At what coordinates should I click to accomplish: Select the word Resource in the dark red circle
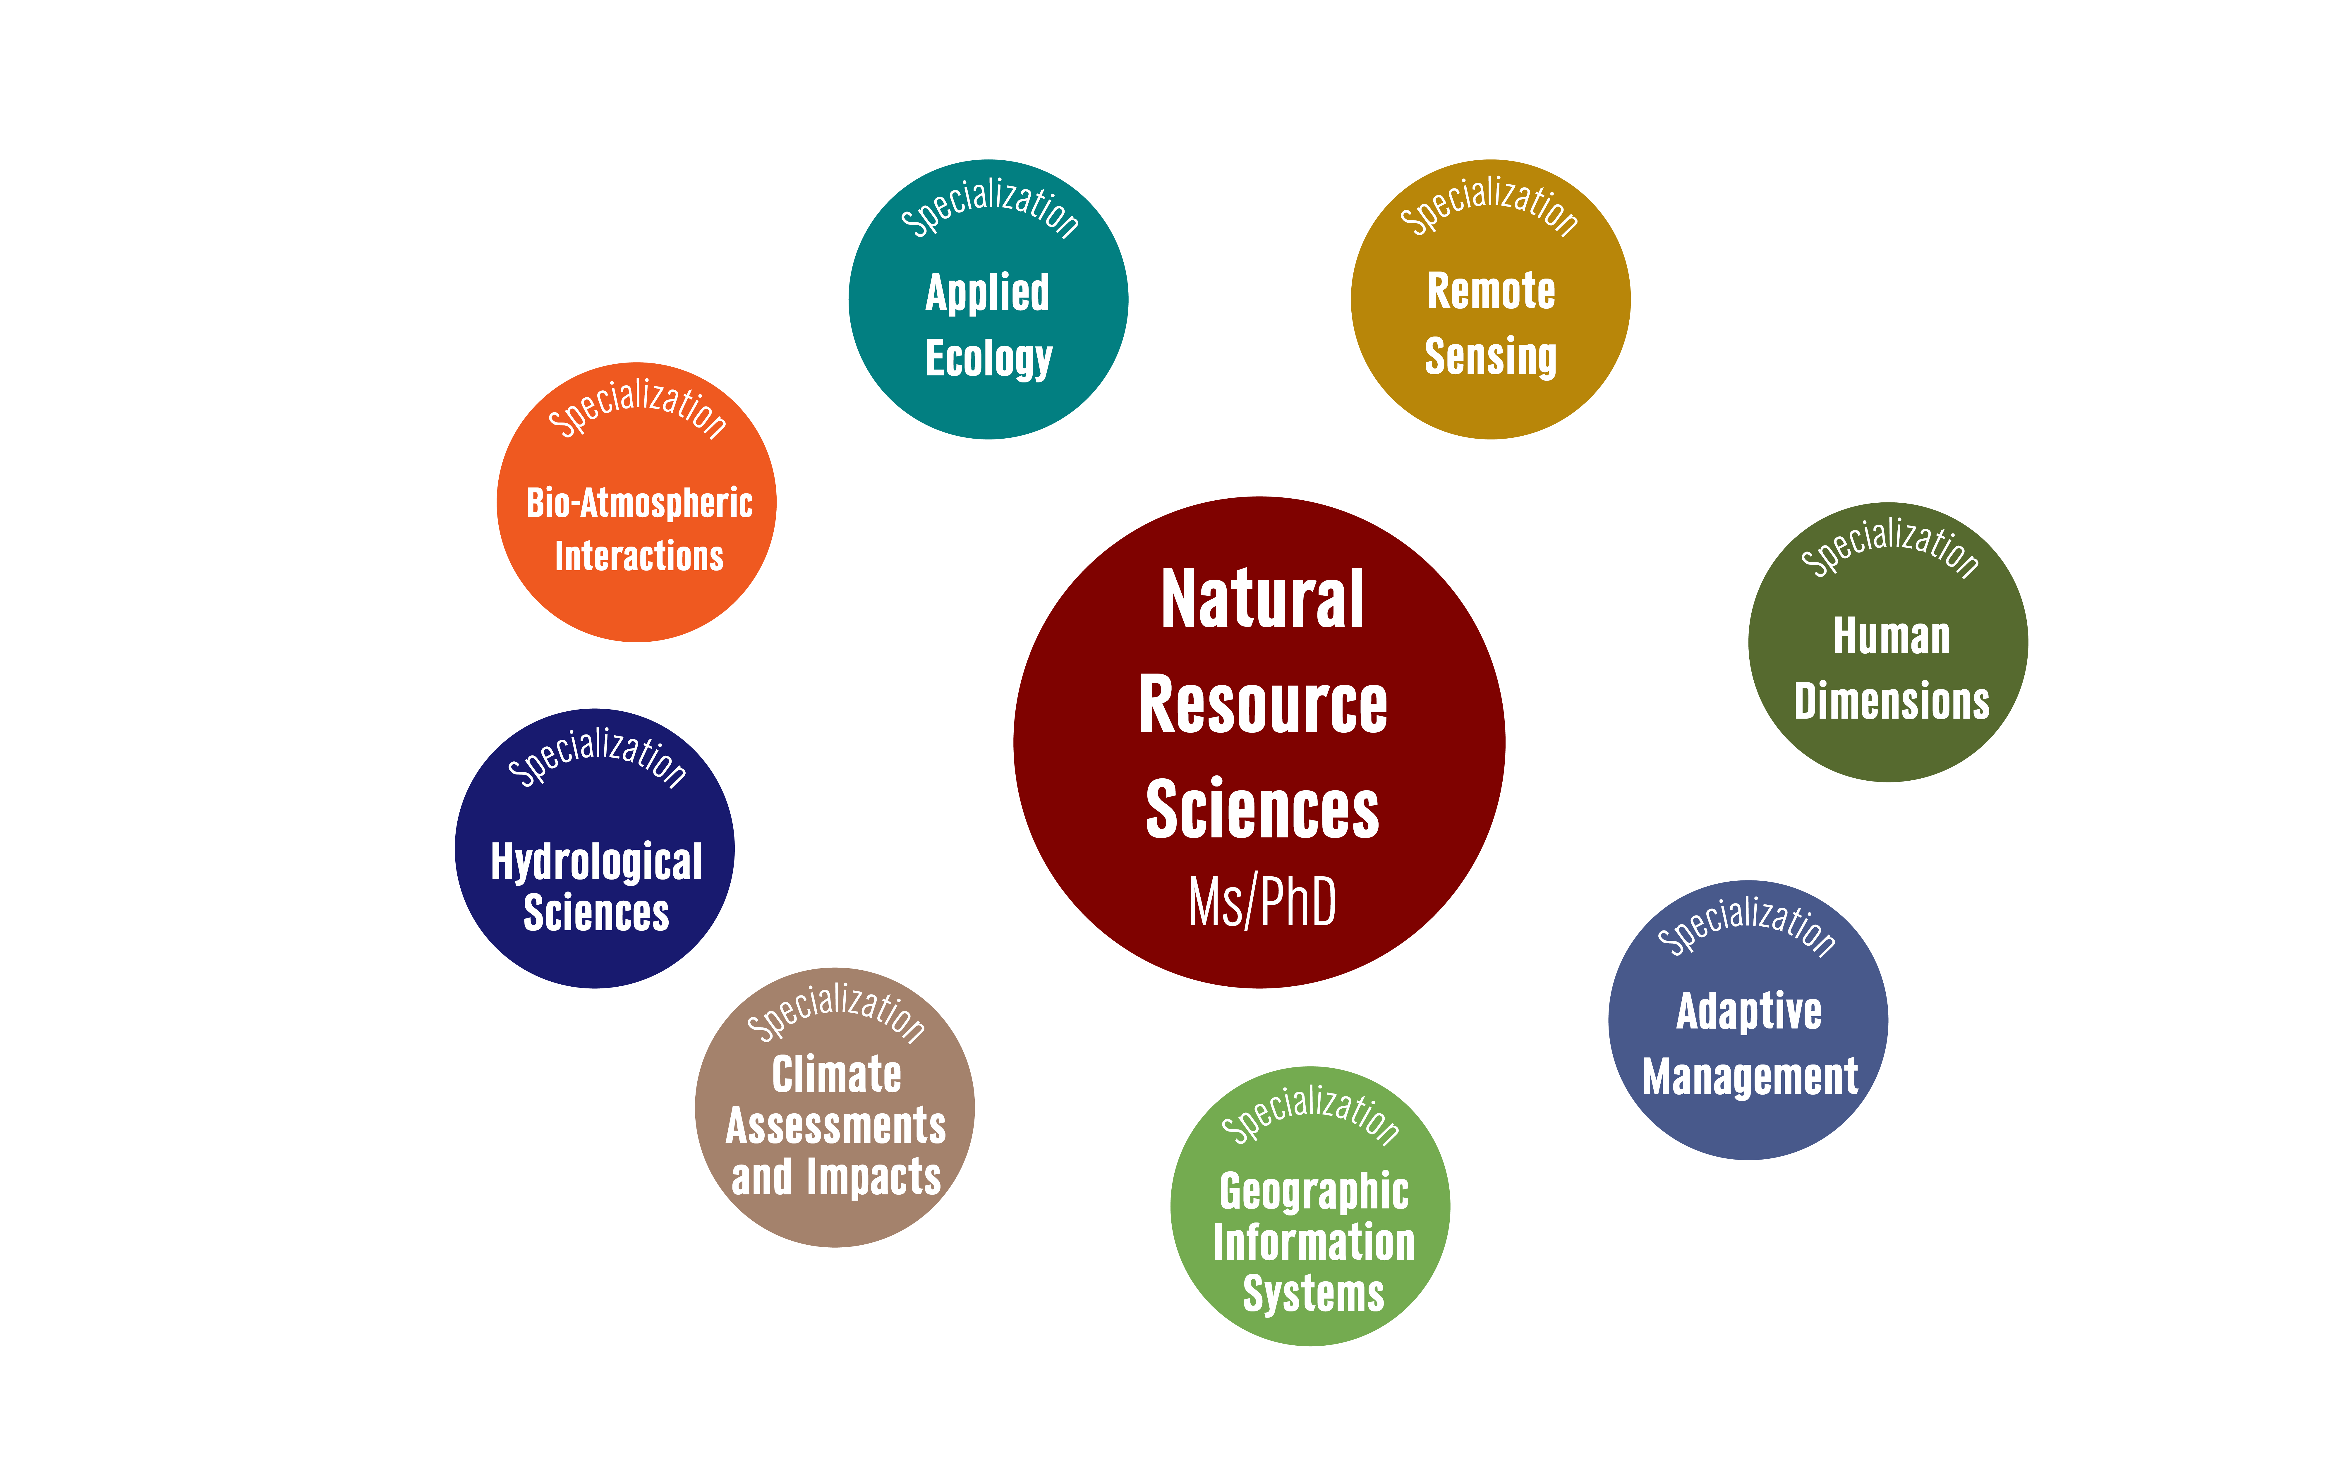(x=1262, y=704)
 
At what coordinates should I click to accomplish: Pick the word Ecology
(x=988, y=358)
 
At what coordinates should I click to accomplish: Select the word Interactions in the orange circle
(x=639, y=556)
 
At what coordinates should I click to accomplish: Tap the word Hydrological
(x=596, y=861)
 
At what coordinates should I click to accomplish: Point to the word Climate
(x=836, y=1074)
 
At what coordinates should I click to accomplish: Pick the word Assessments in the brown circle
(x=836, y=1125)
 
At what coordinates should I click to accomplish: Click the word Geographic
(x=1313, y=1191)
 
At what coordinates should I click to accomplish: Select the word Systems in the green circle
(x=1313, y=1294)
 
